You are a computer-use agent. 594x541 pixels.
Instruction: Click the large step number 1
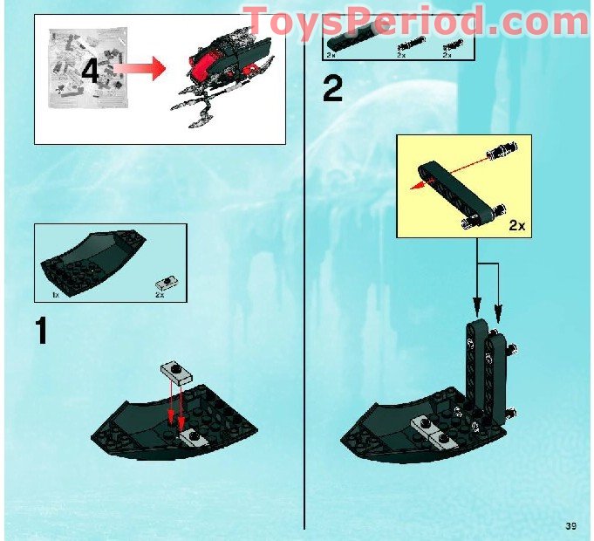pyautogui.click(x=40, y=332)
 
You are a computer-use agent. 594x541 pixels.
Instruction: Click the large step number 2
pyautogui.click(x=332, y=88)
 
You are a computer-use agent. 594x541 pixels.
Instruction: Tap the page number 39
pyautogui.click(x=571, y=525)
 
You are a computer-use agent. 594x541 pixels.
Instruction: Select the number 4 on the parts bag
pyautogui.click(x=90, y=70)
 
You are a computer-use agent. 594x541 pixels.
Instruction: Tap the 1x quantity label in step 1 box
pyautogui.click(x=56, y=296)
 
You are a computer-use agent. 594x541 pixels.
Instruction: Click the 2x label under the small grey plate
pyautogui.click(x=160, y=296)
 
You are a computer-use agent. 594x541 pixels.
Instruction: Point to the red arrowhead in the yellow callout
pyautogui.click(x=418, y=185)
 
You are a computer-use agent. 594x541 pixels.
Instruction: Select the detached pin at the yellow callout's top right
pyautogui.click(x=500, y=149)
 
